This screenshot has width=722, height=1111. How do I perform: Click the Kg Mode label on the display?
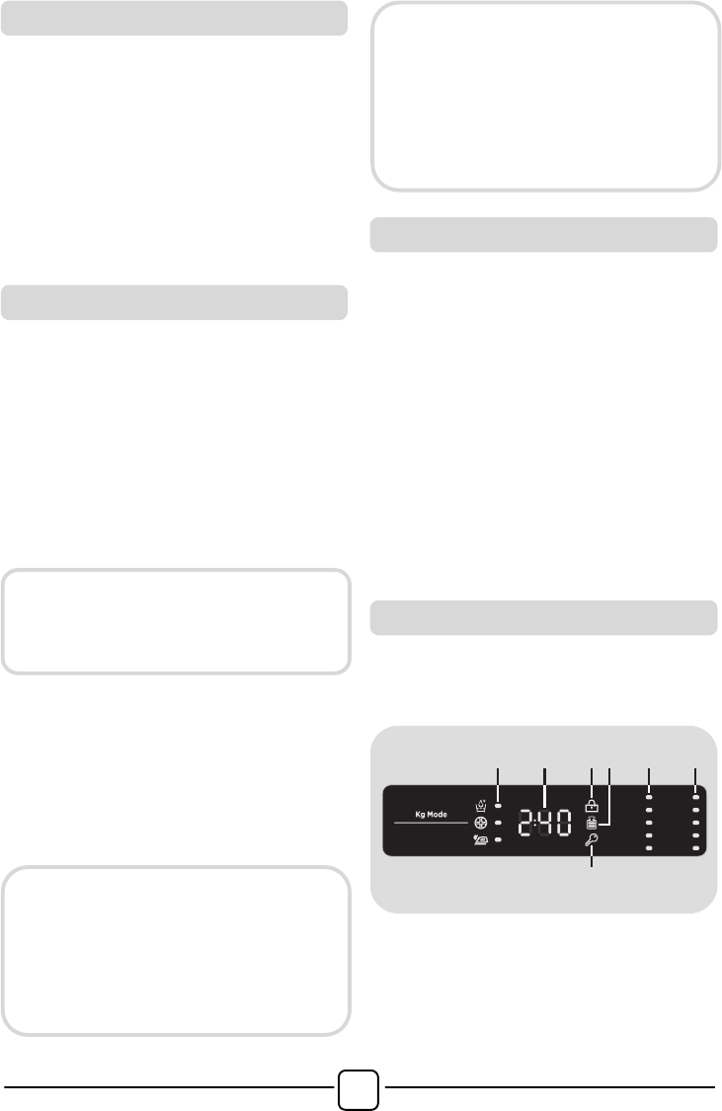(x=431, y=814)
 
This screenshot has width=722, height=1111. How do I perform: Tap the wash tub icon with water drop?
(x=481, y=806)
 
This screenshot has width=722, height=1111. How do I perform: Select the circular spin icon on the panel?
(x=480, y=823)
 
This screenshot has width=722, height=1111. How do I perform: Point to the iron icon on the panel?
(x=480, y=839)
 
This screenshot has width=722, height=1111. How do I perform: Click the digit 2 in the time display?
(x=525, y=824)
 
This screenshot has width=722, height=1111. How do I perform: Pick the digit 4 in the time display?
(x=544, y=824)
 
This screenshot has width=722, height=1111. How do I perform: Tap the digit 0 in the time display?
(x=563, y=824)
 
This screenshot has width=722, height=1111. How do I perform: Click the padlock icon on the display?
(x=592, y=806)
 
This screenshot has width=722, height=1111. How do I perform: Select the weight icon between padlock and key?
(x=592, y=824)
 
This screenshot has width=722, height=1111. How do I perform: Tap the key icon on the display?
(x=592, y=840)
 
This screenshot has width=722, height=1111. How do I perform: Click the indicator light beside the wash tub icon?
(x=498, y=806)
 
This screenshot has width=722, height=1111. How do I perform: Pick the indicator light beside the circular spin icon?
(x=498, y=824)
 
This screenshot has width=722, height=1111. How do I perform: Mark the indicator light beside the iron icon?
(x=498, y=840)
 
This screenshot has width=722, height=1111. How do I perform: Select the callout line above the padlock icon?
(x=592, y=783)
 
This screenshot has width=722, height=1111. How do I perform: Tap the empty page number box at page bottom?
(x=358, y=1089)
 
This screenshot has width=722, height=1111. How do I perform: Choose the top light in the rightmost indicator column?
(x=695, y=798)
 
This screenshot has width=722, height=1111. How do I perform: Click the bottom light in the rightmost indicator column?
(x=695, y=848)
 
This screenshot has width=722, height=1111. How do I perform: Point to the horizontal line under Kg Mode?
(x=431, y=823)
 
